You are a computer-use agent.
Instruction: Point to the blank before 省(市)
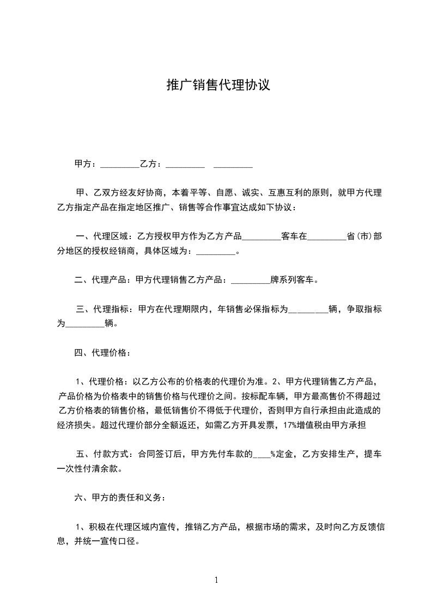327,237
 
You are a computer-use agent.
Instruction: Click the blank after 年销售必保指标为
308,309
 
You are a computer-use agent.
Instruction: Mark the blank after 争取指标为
84,324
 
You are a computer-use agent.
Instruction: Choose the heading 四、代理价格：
102,353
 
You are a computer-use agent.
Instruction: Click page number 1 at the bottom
216,581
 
